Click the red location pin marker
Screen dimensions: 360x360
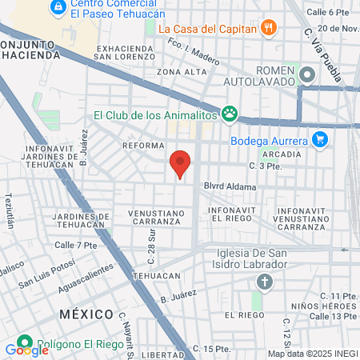tap(181, 164)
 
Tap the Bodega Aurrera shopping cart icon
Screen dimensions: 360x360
tap(320, 139)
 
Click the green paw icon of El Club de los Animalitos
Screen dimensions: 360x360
tap(230, 114)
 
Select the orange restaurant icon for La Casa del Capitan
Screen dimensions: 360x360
tap(269, 29)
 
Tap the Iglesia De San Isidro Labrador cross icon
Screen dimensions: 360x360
tap(264, 282)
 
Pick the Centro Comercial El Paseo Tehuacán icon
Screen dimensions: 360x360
tap(58, 7)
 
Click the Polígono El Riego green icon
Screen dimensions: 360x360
tap(24, 342)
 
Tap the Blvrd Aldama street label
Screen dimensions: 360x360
tap(235, 187)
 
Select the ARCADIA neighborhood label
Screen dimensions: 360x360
tap(280, 154)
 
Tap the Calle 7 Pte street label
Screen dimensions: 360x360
tap(75, 245)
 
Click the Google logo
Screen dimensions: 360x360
tap(26, 350)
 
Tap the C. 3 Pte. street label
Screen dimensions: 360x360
tap(266, 166)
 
